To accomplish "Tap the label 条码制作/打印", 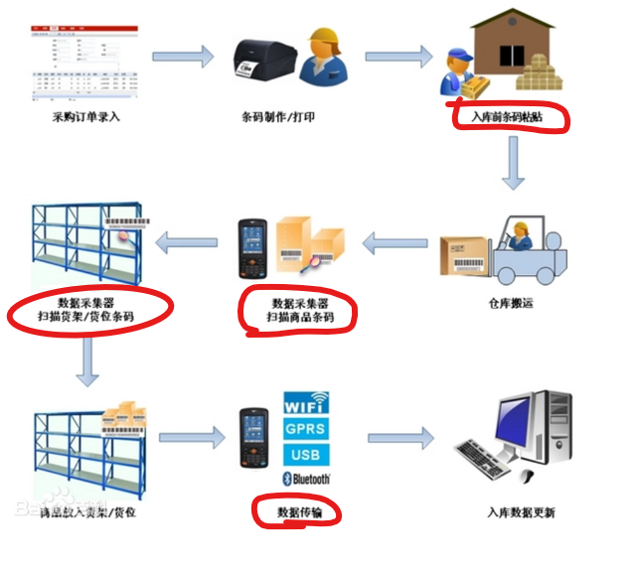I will click(x=278, y=118).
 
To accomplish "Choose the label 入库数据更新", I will click(x=521, y=512).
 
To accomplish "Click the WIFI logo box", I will click(x=307, y=405).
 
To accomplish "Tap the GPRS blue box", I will click(x=307, y=430).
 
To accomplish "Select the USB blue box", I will click(x=307, y=455).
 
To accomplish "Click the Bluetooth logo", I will click(x=307, y=479).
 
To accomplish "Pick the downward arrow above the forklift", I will click(x=513, y=164).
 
